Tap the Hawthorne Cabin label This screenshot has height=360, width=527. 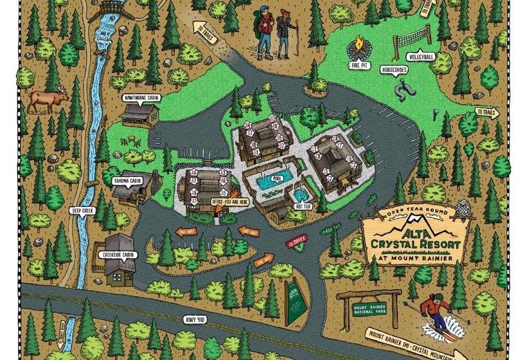click(x=141, y=98)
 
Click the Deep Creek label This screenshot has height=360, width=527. click(x=84, y=210)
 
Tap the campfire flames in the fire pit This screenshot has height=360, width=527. click(x=357, y=48)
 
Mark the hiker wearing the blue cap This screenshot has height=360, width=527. click(x=263, y=29)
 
